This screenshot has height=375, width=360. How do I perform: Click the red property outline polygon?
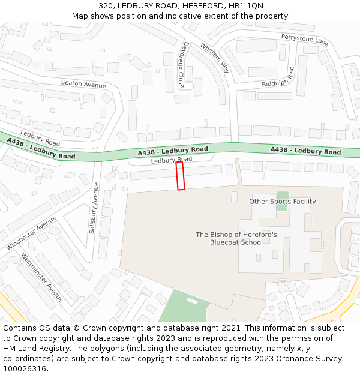tap(180, 176)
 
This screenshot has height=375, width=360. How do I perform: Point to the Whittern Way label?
tap(215, 58)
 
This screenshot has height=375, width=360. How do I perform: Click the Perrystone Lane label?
tap(305, 40)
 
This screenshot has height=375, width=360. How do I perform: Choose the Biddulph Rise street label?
tap(278, 79)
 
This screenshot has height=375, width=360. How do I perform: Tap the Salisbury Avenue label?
tap(94, 208)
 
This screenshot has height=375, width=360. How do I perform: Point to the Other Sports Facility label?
tap(282, 202)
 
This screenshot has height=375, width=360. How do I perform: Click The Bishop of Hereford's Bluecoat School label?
tap(236, 238)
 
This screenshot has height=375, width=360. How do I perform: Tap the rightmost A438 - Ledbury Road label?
tap(305, 151)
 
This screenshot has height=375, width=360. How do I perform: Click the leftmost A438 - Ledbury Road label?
tap(41, 148)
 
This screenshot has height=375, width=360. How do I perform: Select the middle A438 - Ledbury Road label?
tap(173, 151)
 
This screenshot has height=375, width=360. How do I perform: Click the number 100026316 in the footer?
tap(25, 368)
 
